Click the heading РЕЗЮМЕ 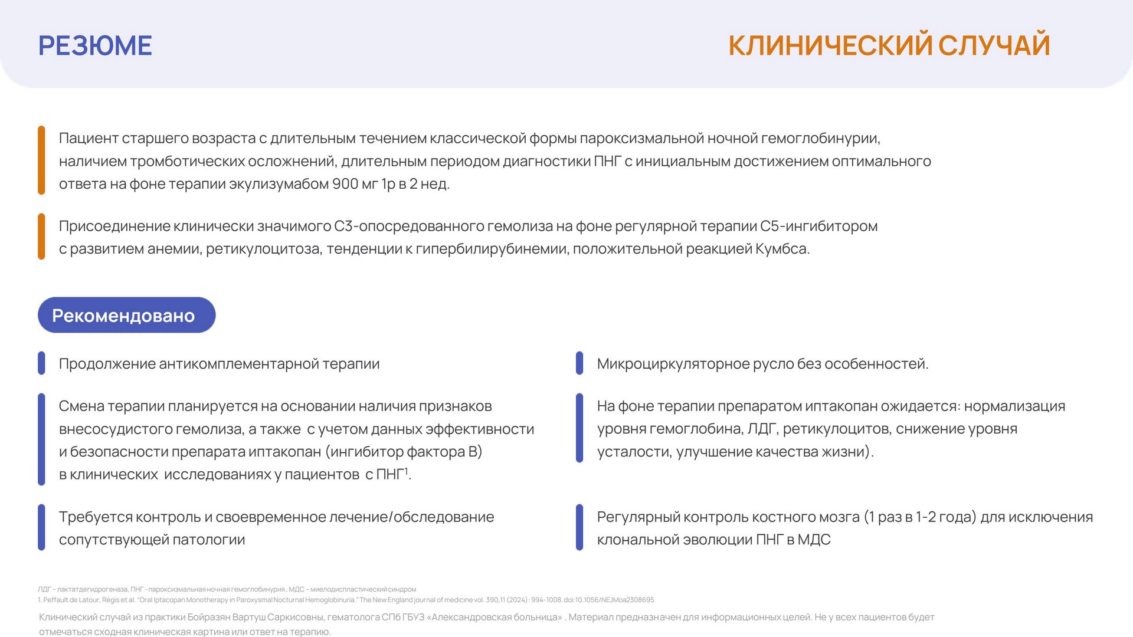pyautogui.click(x=95, y=45)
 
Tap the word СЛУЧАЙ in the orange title pyautogui.click(x=994, y=45)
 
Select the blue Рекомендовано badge pyautogui.click(x=127, y=315)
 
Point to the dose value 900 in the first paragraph pyautogui.click(x=345, y=184)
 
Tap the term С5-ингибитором pyautogui.click(x=818, y=226)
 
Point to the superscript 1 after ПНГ pyautogui.click(x=406, y=470)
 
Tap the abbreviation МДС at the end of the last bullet pyautogui.click(x=814, y=540)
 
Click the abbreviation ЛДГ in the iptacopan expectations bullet pyautogui.click(x=762, y=429)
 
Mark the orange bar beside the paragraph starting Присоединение pyautogui.click(x=41, y=237)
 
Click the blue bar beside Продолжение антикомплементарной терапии pyautogui.click(x=41, y=363)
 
